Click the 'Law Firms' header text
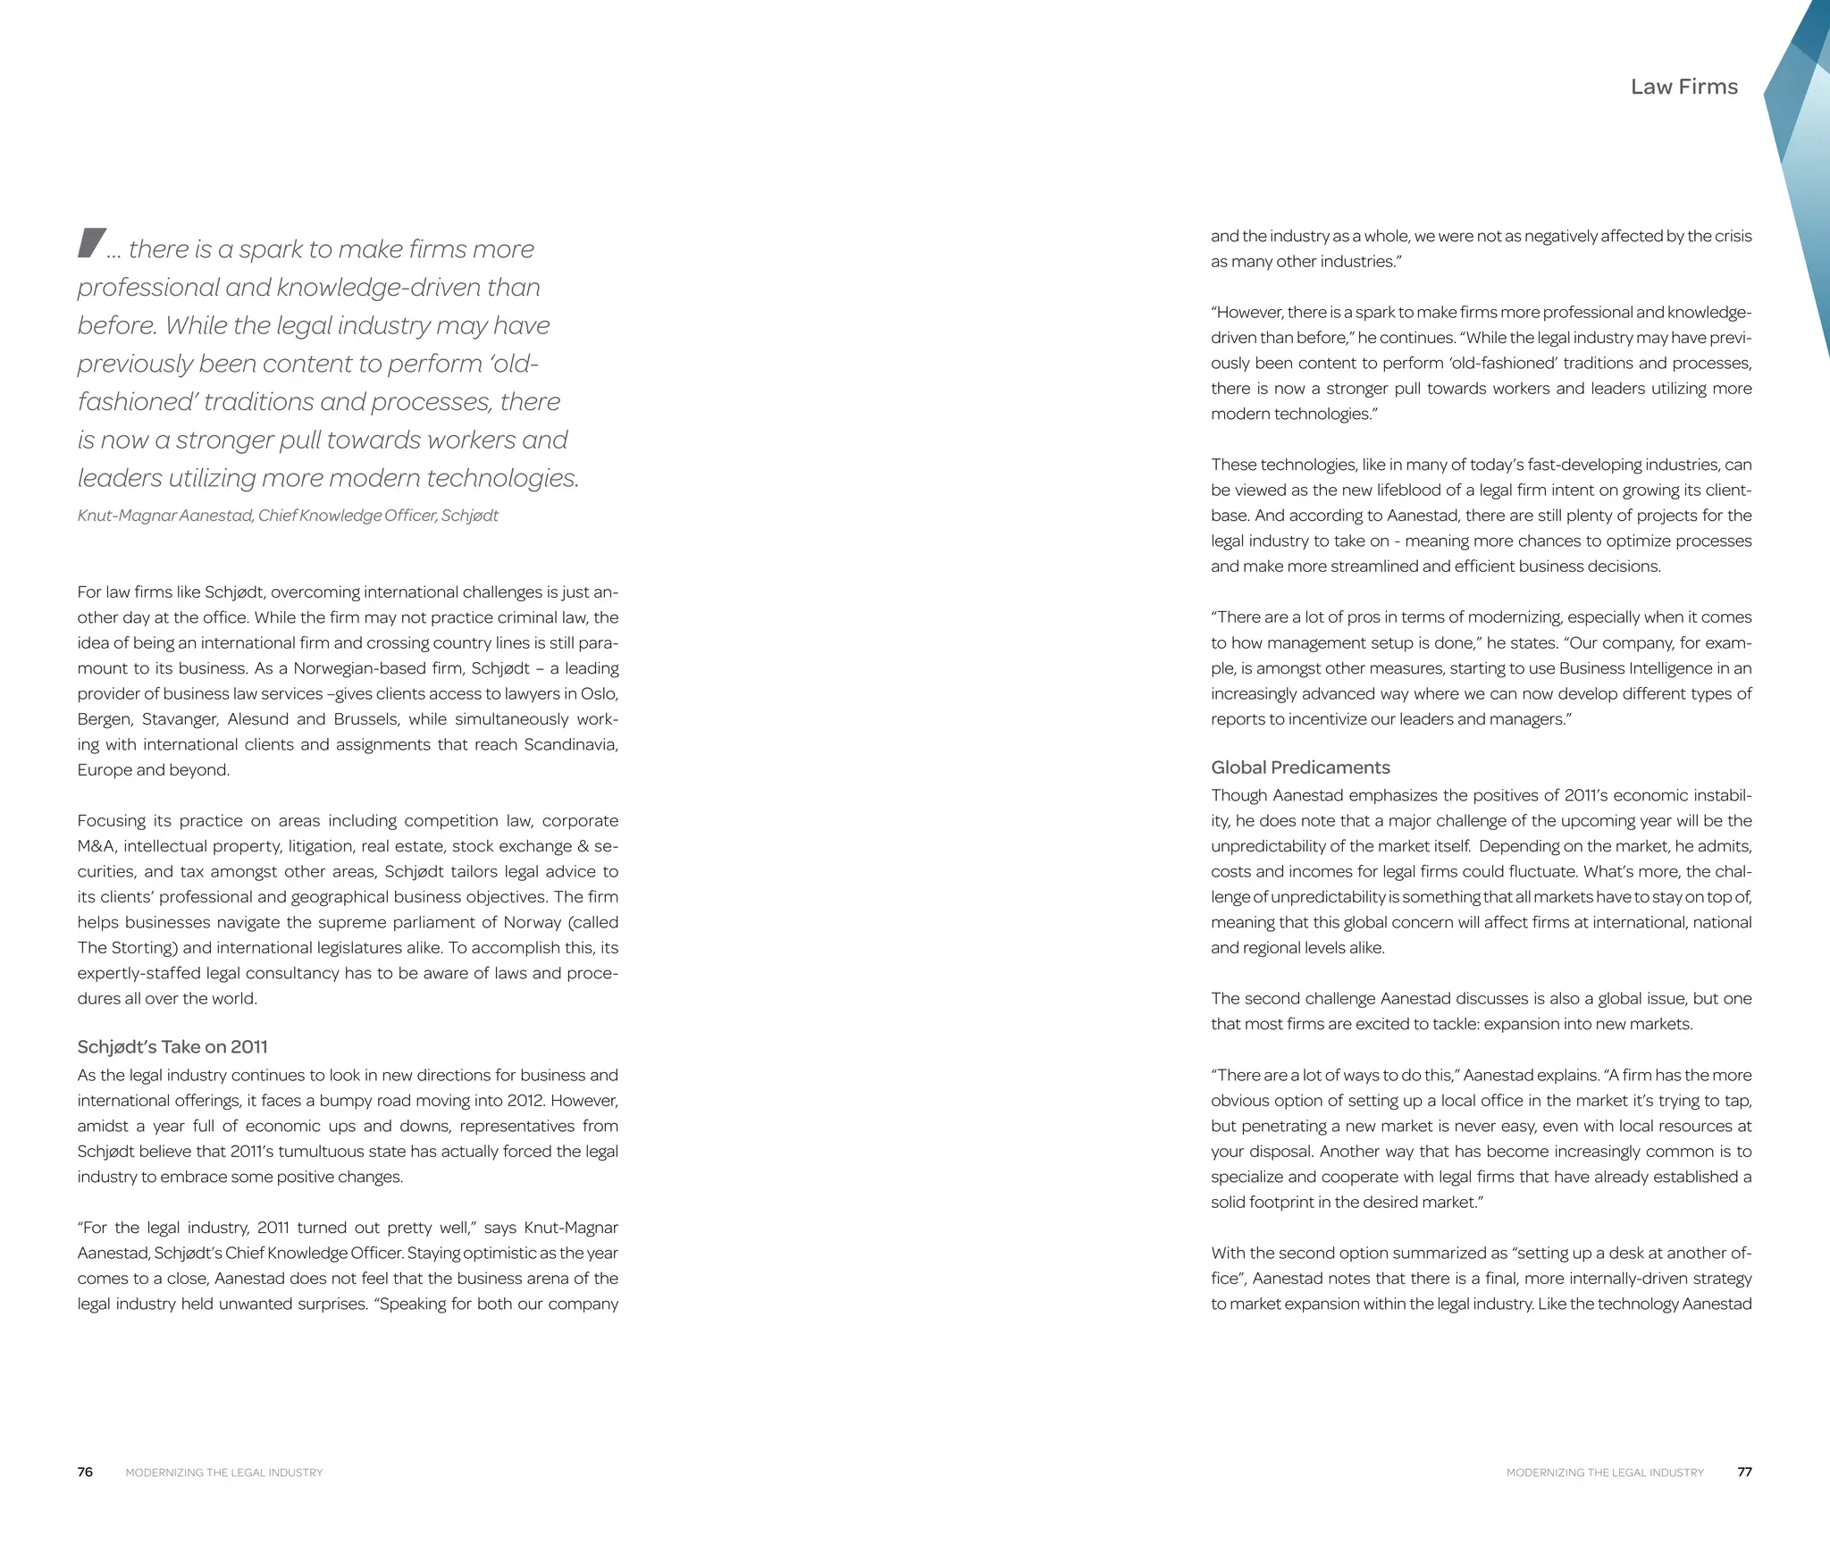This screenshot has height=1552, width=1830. tap(1683, 87)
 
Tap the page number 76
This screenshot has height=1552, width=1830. tap(85, 1472)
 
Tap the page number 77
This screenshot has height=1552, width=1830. tap(1744, 1472)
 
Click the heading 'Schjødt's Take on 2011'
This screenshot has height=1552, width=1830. tap(172, 1046)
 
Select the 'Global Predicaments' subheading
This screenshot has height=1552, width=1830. tap(1300, 767)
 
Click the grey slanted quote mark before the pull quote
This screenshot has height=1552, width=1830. tap(91, 243)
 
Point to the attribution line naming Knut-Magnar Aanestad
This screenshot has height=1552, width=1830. tap(288, 516)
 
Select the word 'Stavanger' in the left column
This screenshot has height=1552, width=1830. tap(179, 719)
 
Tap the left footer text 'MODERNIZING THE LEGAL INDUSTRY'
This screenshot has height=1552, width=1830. tap(224, 1472)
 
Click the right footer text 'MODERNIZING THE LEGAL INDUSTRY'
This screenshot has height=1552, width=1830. tap(1605, 1472)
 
